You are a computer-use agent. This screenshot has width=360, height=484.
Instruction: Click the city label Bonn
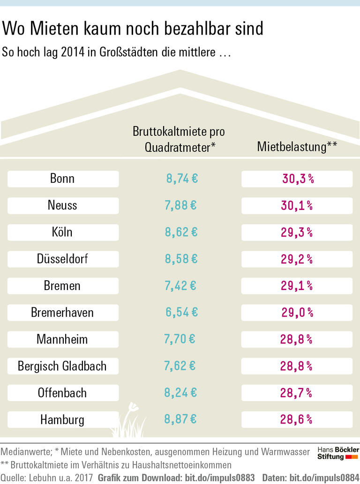click(x=62, y=179)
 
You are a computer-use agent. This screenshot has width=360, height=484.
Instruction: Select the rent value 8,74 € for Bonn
click(x=182, y=179)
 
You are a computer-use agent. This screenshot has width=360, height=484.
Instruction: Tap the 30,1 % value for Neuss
click(x=297, y=205)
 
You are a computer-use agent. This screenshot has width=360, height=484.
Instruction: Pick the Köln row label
click(x=62, y=232)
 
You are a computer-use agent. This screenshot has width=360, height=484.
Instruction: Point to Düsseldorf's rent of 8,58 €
click(x=181, y=259)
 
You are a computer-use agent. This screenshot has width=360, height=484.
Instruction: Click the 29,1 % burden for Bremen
click(x=297, y=285)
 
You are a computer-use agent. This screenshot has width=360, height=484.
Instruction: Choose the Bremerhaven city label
click(x=62, y=312)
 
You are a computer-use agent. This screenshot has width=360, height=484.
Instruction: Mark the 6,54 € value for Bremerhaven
click(x=182, y=312)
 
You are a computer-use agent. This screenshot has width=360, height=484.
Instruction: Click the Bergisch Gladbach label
click(x=62, y=365)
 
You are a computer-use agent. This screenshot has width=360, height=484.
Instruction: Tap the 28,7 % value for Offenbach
click(x=296, y=393)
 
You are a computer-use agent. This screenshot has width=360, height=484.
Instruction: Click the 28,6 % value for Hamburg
click(x=296, y=419)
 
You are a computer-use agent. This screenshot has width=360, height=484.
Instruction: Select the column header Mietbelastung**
click(x=297, y=147)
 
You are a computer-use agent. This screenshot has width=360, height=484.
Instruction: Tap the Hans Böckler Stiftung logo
click(x=338, y=453)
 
